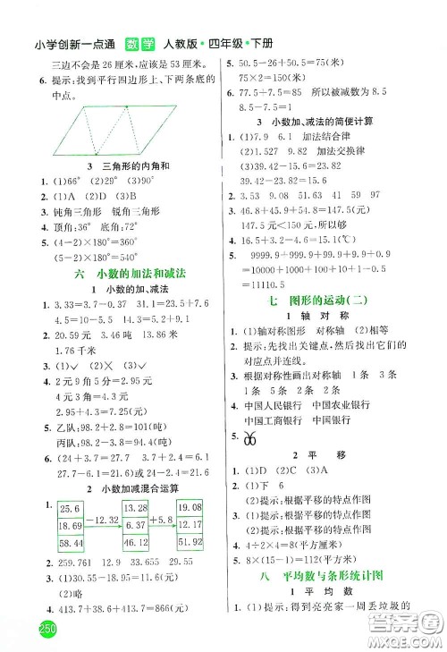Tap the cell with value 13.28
(134, 509)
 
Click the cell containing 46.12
(134, 543)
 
